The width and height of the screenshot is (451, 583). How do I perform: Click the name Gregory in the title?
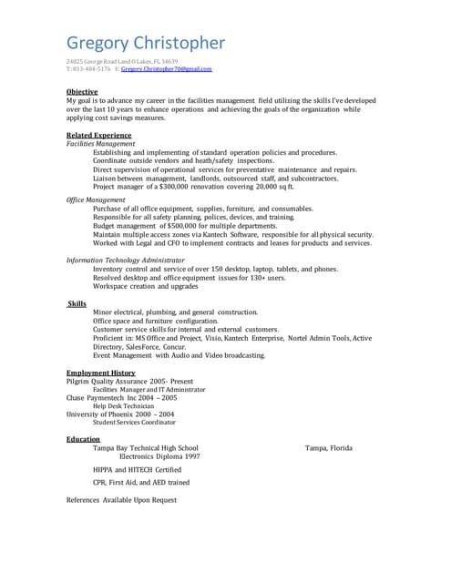click(102, 44)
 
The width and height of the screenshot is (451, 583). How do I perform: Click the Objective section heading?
click(82, 92)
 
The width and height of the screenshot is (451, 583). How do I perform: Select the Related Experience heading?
click(98, 135)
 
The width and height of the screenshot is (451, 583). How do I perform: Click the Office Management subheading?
click(96, 199)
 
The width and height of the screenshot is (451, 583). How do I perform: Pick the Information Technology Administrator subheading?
click(131, 260)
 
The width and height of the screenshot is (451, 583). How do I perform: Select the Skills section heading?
click(77, 303)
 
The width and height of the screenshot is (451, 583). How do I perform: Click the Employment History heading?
click(100, 373)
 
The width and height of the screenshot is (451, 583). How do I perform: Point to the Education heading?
click(83, 439)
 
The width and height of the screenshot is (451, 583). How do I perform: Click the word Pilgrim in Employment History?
click(79, 381)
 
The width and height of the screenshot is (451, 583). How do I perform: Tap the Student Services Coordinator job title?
click(134, 423)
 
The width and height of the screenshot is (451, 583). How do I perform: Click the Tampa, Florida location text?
click(328, 448)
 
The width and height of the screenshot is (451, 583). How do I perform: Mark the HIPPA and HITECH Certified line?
click(136, 469)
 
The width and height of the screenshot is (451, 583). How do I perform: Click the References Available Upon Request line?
click(121, 500)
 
